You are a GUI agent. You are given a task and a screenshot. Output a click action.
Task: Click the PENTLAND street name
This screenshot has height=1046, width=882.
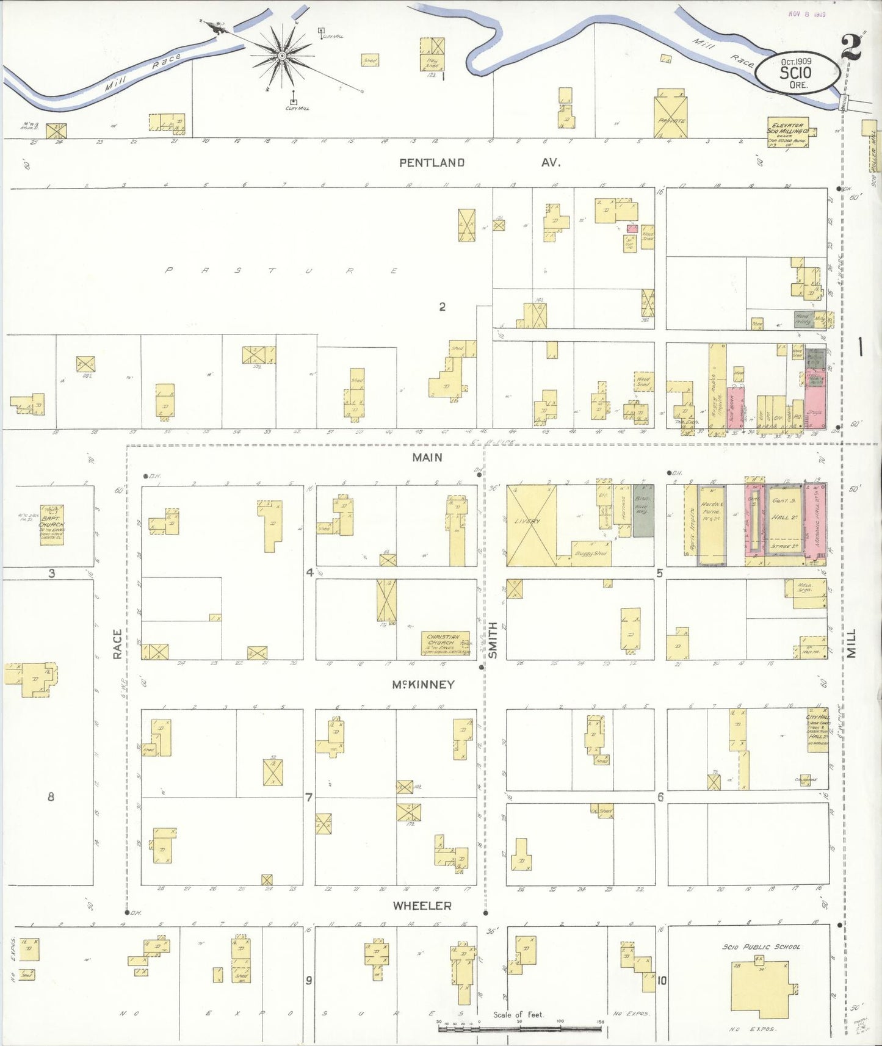pos(432,163)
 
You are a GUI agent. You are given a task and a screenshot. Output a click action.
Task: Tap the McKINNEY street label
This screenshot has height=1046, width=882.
pos(423,685)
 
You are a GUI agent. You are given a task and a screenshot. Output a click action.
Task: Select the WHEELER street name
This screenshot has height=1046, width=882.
pos(422,906)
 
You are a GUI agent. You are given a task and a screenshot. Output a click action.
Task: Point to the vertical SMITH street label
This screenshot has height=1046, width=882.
pos(493,640)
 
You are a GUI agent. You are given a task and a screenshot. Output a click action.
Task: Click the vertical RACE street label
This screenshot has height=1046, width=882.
pos(117,644)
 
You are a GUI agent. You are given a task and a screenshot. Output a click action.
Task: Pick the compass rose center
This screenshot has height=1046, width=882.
pos(282,56)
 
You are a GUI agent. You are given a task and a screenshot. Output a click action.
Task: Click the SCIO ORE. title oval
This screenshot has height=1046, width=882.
pos(797,72)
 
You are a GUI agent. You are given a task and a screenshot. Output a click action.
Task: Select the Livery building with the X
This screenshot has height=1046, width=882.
pos(531,525)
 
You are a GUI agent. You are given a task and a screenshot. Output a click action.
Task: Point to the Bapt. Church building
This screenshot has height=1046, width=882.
pos(52,525)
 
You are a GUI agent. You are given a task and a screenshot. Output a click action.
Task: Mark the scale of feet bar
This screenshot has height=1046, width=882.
pos(519,1028)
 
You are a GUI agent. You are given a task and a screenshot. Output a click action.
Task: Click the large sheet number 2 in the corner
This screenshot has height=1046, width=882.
pos(851,48)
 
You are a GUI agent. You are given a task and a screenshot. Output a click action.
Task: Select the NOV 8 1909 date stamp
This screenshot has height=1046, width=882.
pos(807,14)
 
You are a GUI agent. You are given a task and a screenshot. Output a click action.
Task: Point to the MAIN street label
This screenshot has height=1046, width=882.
pos(427,458)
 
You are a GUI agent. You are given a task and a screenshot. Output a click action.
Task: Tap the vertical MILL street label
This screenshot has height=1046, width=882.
pos(851,644)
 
